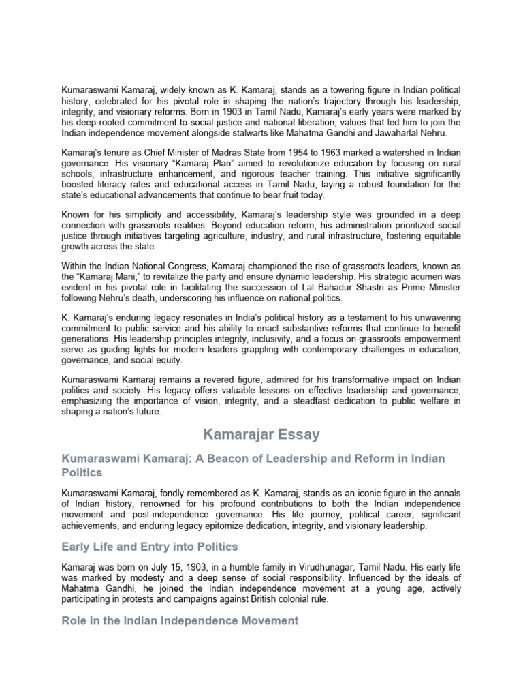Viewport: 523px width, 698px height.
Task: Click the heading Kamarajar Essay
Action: [x=261, y=434]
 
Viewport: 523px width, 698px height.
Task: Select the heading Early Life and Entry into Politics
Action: [x=149, y=547]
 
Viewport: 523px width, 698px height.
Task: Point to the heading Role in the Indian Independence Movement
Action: [x=180, y=620]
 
